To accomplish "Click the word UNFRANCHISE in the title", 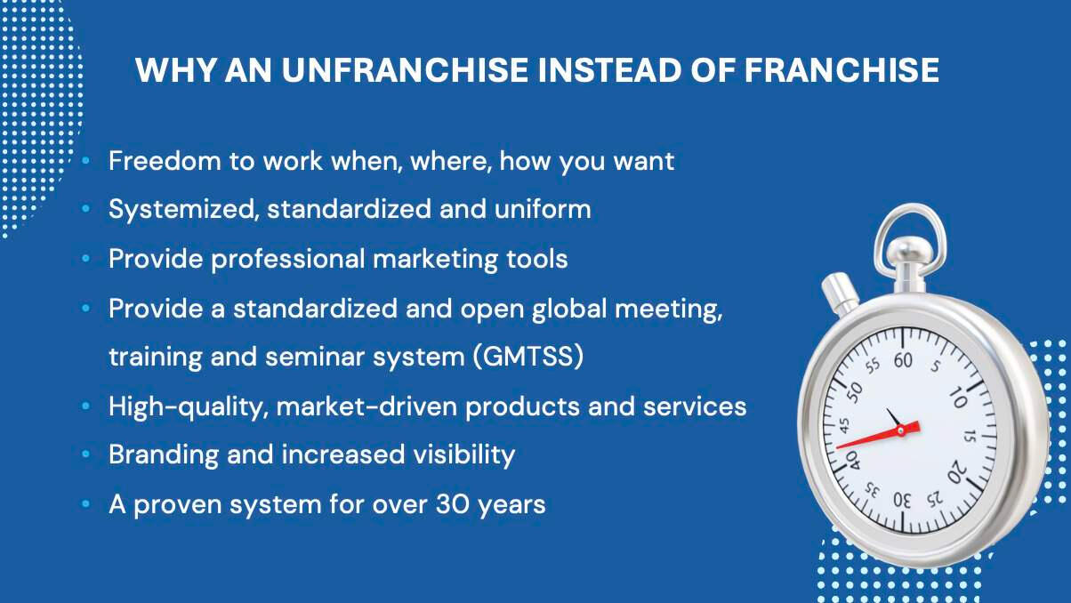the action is pos(405,70).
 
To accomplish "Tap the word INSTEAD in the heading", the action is pos(609,70).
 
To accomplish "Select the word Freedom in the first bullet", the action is pos(165,161).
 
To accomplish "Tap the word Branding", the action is pos(164,455).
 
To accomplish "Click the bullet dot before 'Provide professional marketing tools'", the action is pos(86,259).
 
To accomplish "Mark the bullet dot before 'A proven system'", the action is pos(86,504).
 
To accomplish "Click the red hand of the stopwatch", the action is pos(878,435).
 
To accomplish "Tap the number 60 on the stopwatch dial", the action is pos(903,360).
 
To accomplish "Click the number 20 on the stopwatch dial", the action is pos(957,472).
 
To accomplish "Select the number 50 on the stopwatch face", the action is pos(854,392).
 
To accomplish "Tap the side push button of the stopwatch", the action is pos(840,293).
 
